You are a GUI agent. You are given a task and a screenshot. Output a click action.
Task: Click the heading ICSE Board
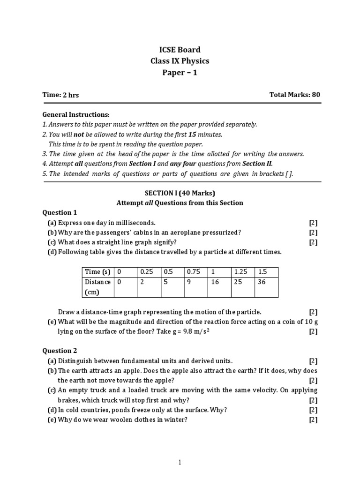click(x=180, y=50)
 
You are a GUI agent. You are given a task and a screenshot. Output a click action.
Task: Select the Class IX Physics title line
click(x=180, y=61)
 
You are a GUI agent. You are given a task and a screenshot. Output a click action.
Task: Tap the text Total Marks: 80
click(x=294, y=95)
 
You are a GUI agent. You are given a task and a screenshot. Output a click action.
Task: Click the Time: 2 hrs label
click(x=60, y=95)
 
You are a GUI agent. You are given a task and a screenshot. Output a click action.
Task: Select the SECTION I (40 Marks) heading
click(x=180, y=193)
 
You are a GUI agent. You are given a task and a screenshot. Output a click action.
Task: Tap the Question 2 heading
click(x=60, y=351)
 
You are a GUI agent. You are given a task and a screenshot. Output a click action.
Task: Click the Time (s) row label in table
click(x=97, y=272)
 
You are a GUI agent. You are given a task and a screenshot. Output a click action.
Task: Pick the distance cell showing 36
click(x=266, y=282)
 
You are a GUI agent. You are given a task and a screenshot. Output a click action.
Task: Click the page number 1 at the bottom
click(x=180, y=463)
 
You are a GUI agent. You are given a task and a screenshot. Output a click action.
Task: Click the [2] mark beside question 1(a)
click(x=313, y=223)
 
